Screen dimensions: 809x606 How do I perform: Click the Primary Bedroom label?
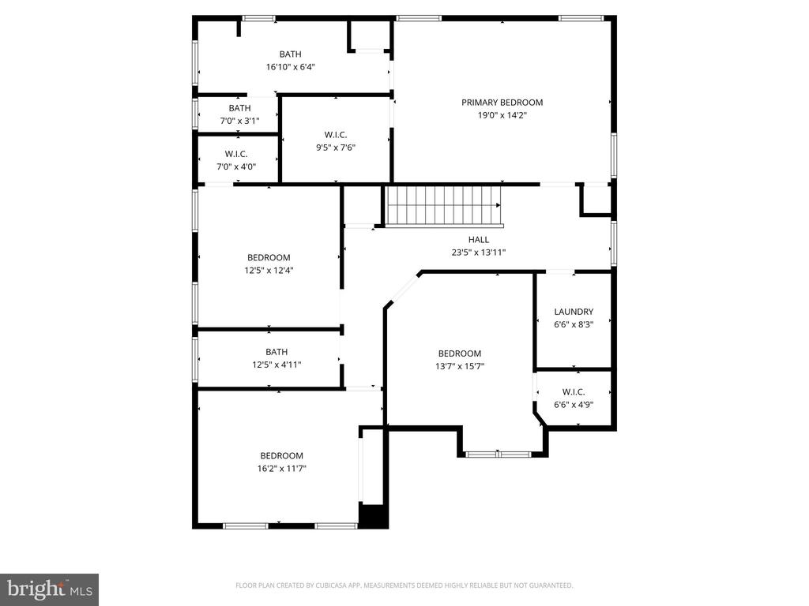click(502, 103)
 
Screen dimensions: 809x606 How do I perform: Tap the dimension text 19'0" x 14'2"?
click(502, 115)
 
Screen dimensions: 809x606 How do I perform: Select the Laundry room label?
click(574, 312)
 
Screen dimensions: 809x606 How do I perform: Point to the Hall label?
click(479, 240)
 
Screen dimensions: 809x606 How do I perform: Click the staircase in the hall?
click(444, 206)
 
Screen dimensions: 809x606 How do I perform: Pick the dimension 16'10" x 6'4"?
click(291, 67)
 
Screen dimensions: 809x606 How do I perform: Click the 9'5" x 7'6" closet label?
click(336, 135)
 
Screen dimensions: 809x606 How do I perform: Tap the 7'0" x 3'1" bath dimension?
click(240, 121)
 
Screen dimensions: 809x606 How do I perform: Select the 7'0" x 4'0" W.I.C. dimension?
click(236, 167)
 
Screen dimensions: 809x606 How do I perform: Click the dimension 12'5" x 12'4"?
click(269, 271)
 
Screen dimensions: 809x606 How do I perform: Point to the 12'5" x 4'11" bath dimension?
click(277, 365)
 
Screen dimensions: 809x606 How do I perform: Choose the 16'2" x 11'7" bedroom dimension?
click(282, 469)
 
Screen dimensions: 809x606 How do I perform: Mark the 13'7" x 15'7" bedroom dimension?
click(460, 366)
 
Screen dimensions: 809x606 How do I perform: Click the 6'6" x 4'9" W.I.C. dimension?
click(574, 405)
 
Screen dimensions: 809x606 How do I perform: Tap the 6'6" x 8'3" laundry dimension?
click(574, 324)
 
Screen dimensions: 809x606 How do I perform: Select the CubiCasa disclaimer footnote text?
click(404, 585)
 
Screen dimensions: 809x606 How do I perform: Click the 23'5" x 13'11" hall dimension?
click(479, 252)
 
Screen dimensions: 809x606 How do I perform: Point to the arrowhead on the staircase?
click(499, 206)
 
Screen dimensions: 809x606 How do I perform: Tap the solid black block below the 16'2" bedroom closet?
click(373, 516)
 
